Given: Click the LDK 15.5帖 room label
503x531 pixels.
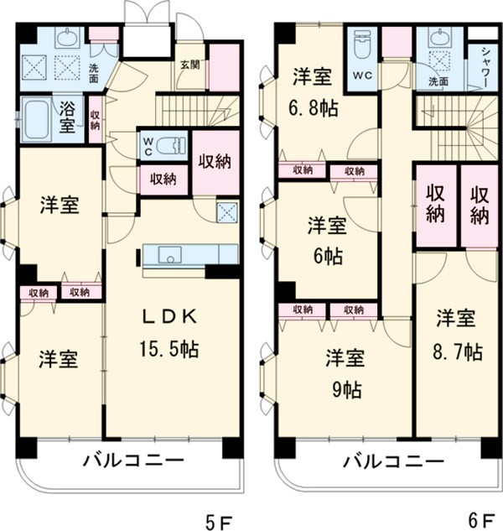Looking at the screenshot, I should (168, 332).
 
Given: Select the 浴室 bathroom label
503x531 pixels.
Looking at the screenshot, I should (67, 117).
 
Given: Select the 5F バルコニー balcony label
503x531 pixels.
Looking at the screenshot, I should (133, 460).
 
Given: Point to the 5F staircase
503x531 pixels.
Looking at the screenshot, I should (198, 108).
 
